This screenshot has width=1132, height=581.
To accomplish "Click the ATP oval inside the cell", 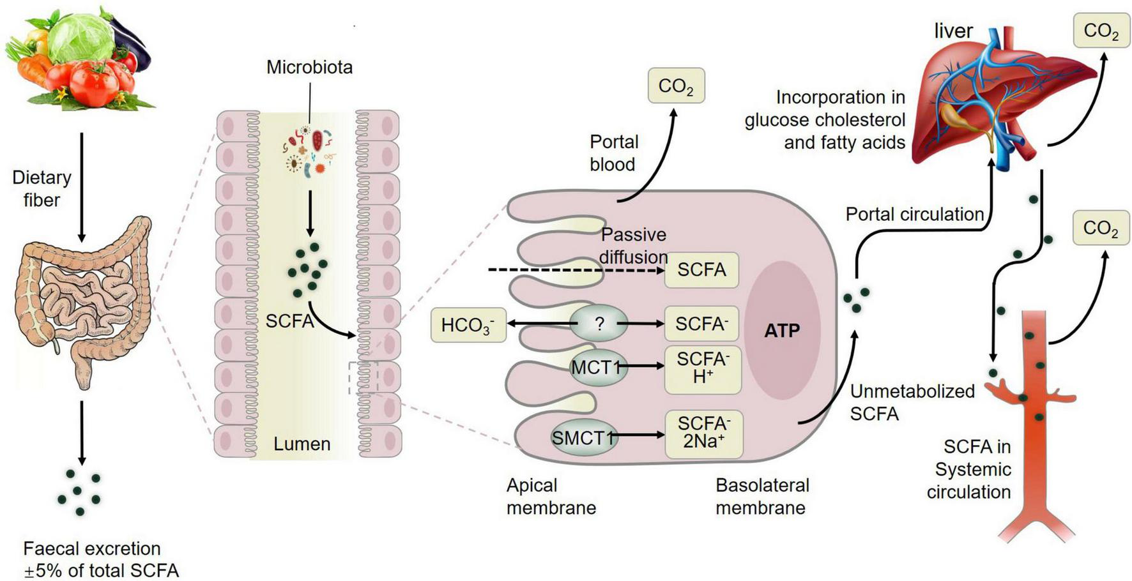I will click(x=782, y=330).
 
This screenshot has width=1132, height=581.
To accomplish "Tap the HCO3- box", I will click(x=468, y=325).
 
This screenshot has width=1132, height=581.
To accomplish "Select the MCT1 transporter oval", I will click(x=597, y=367).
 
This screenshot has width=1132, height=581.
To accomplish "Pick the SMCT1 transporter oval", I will click(x=583, y=437).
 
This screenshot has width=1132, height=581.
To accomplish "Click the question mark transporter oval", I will click(x=599, y=324).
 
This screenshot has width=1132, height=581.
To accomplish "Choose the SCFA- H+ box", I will click(x=702, y=368).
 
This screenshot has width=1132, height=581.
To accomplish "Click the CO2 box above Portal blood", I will click(x=676, y=86).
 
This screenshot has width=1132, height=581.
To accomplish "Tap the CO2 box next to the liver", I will click(x=1101, y=30).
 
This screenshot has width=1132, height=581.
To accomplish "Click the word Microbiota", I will click(x=309, y=67).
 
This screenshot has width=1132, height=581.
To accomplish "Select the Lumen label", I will click(x=302, y=444).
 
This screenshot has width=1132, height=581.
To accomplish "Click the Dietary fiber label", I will click(x=42, y=188).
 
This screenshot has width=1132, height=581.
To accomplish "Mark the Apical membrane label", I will click(x=551, y=497).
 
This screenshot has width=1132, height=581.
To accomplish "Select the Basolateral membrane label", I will click(x=761, y=497).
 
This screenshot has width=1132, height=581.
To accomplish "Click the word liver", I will click(x=953, y=31).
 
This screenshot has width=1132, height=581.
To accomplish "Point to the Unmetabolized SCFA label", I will click(x=912, y=402).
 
